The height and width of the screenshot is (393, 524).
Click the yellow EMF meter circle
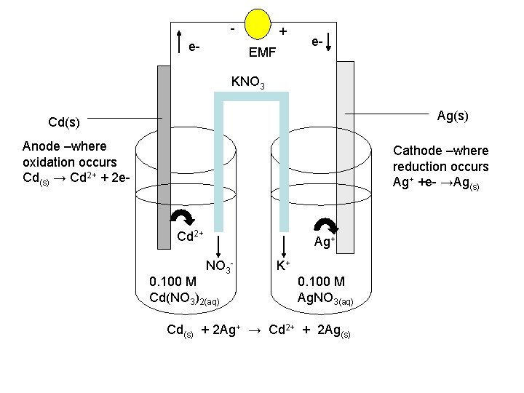pos(258,23)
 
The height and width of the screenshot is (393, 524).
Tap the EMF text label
pos(262,52)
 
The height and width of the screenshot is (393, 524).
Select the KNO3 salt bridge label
pos(247,82)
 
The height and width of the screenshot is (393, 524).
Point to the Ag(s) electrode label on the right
pos(453,116)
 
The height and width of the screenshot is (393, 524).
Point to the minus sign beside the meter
pos(231,29)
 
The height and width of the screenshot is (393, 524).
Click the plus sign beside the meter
pos(283,31)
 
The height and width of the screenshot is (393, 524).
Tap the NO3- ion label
pos(219,266)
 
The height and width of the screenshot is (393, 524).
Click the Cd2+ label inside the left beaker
pos(190,236)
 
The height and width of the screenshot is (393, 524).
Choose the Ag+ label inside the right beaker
pos(324,242)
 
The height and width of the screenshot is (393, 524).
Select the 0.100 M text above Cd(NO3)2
pos(172,282)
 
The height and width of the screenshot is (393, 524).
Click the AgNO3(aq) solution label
pos(325,298)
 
